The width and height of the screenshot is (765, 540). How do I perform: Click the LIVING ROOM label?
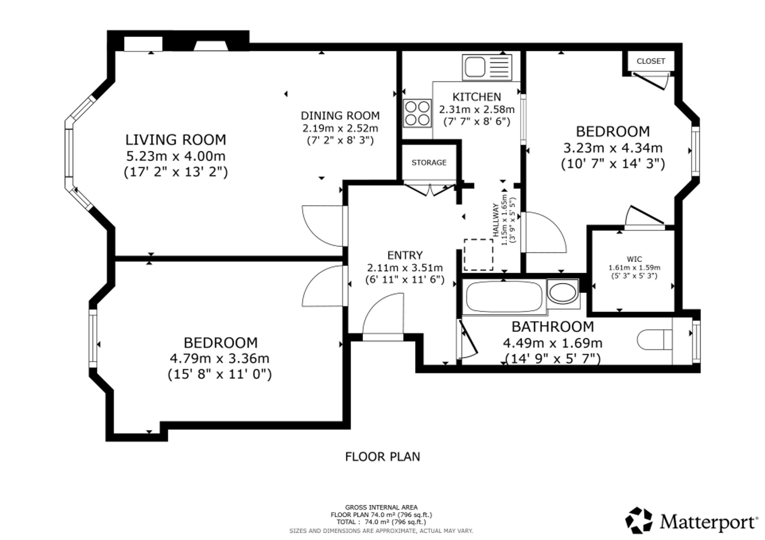pyautogui.click(x=176, y=140)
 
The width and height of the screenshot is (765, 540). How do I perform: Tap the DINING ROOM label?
pyautogui.click(x=340, y=115)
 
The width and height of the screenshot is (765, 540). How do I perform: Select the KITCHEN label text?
pyautogui.click(x=477, y=97)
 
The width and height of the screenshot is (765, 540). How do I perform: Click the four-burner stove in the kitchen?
pyautogui.click(x=417, y=113)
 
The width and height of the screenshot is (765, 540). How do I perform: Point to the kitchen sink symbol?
pyautogui.click(x=487, y=67)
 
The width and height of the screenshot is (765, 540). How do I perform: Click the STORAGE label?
pyautogui.click(x=429, y=163)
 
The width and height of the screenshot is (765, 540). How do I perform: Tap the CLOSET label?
pyautogui.click(x=651, y=61)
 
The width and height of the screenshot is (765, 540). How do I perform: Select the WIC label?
pyautogui.click(x=635, y=259)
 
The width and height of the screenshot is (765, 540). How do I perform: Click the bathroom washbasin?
pyautogui.click(x=563, y=293)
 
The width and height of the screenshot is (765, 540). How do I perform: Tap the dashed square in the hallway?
pyautogui.click(x=478, y=255)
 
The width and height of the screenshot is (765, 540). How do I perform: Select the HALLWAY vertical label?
pyautogui.click(x=496, y=220)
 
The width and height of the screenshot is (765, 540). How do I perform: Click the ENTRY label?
pyautogui.click(x=405, y=255)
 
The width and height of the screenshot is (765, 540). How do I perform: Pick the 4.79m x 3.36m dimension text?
pyautogui.click(x=220, y=358)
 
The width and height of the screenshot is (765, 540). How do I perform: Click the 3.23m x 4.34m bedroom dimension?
pyautogui.click(x=613, y=148)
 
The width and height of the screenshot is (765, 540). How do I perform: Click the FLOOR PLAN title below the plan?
pyautogui.click(x=382, y=457)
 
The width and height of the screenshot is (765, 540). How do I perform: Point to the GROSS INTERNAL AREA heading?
pyautogui.click(x=381, y=507)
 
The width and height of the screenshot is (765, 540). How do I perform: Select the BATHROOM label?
pyautogui.click(x=553, y=327)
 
